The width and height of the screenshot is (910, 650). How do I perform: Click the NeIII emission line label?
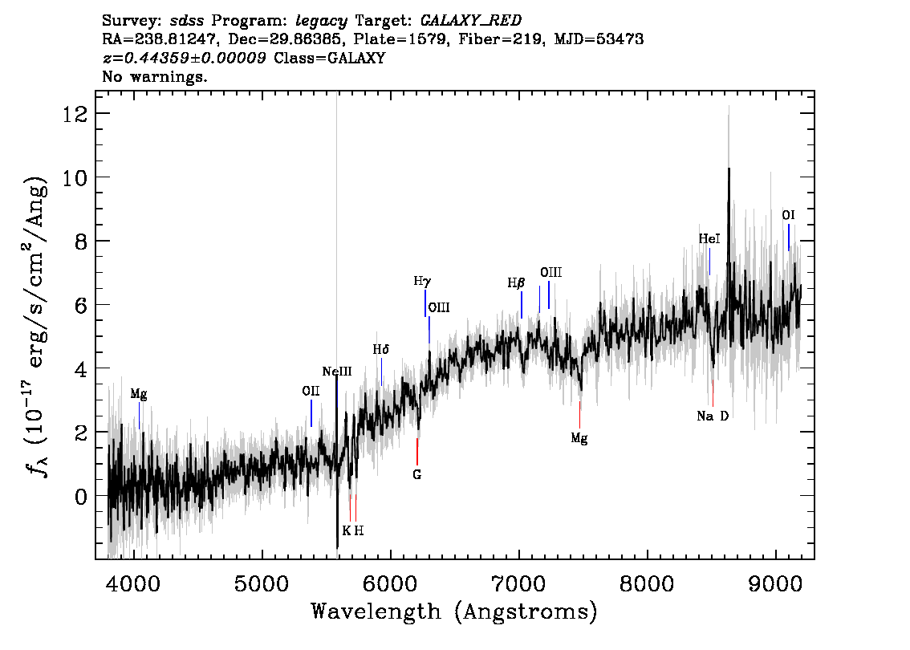(x=337, y=372)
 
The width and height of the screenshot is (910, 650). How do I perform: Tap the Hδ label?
(x=380, y=349)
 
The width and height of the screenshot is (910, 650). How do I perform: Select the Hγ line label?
(x=422, y=282)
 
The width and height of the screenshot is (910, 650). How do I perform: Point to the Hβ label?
(x=516, y=283)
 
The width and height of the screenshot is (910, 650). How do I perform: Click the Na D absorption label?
(x=713, y=416)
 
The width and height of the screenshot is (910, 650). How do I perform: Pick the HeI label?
(x=709, y=239)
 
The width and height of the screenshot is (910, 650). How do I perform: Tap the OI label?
(x=788, y=215)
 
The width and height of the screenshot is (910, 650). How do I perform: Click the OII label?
(x=311, y=391)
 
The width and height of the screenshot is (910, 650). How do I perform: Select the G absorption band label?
(x=416, y=475)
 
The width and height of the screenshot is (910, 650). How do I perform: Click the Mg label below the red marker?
(x=579, y=438)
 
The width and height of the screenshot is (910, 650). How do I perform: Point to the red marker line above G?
(x=416, y=452)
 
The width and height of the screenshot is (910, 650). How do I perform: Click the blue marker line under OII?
(x=311, y=413)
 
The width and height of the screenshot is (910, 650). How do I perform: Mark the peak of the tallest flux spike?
(x=729, y=169)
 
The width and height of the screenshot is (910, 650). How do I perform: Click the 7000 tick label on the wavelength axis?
(x=518, y=584)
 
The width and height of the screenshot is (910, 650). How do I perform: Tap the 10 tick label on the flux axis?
(x=75, y=177)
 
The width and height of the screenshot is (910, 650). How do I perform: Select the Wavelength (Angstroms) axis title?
(x=454, y=611)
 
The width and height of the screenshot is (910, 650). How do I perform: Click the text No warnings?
(x=154, y=76)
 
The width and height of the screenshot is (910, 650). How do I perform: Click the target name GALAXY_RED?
(x=471, y=21)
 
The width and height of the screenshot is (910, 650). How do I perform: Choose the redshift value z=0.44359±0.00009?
(x=185, y=58)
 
